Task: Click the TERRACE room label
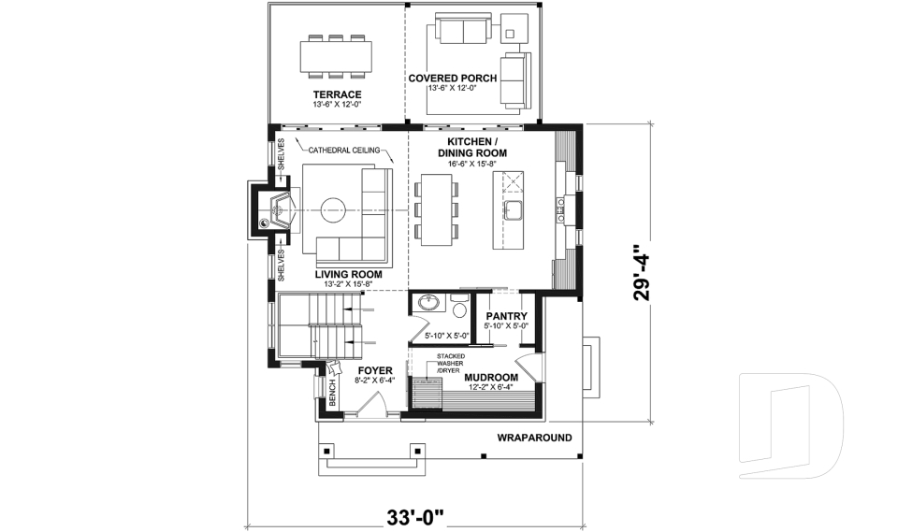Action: click(x=337, y=94)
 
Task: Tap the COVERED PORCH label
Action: click(x=453, y=79)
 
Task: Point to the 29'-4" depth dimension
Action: click(x=641, y=272)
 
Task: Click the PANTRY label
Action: click(x=506, y=316)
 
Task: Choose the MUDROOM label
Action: click(x=491, y=378)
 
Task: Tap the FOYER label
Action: click(x=375, y=371)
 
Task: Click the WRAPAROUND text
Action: click(x=534, y=437)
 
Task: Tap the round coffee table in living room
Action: click(x=335, y=208)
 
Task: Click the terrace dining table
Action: click(x=333, y=56)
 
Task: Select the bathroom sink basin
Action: click(x=429, y=304)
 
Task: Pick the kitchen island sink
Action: click(x=512, y=208)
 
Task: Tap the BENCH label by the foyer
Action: click(x=331, y=393)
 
